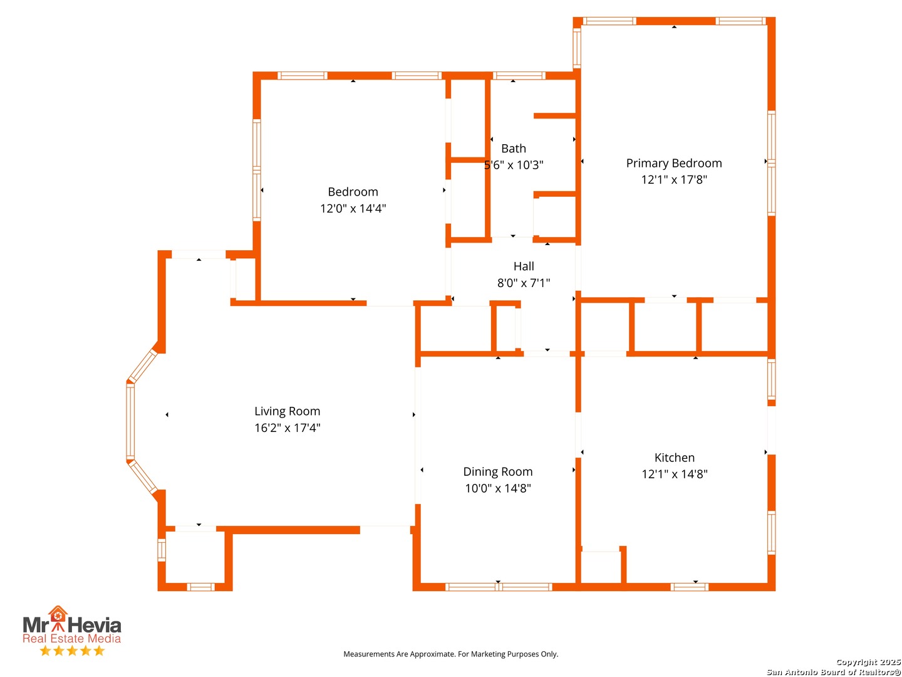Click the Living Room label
coord(287,411)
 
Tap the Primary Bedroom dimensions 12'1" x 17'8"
coord(674,180)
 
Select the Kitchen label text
coord(675,457)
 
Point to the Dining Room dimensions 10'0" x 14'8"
coord(497,488)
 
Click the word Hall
coord(524,266)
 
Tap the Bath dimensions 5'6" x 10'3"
coord(513,165)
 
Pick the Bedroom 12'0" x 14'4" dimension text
coord(353,208)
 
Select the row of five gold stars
coord(72,650)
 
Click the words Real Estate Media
coord(71,638)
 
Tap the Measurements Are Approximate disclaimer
coord(450,654)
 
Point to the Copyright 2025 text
coord(868,662)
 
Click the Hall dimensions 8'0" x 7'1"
coord(524,283)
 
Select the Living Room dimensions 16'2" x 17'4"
coord(287,428)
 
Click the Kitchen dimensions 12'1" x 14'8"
coord(675,474)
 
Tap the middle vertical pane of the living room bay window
coord(130,421)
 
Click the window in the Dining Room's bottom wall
coord(499,587)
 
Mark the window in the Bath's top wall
coord(519,75)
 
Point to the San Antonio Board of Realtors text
coord(833,671)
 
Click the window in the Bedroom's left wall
coord(256,170)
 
